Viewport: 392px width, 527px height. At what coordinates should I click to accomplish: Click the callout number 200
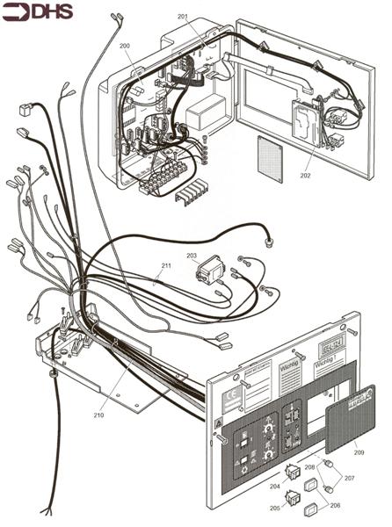(124, 45)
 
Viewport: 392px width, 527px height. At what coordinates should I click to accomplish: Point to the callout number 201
(183, 17)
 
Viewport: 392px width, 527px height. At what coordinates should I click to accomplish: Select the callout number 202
(305, 176)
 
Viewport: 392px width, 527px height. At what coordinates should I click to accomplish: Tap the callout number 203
(192, 255)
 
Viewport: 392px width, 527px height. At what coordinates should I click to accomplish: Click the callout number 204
(275, 486)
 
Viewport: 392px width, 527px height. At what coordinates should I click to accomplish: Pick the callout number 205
(275, 509)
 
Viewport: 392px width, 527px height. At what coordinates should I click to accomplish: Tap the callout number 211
(166, 264)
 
